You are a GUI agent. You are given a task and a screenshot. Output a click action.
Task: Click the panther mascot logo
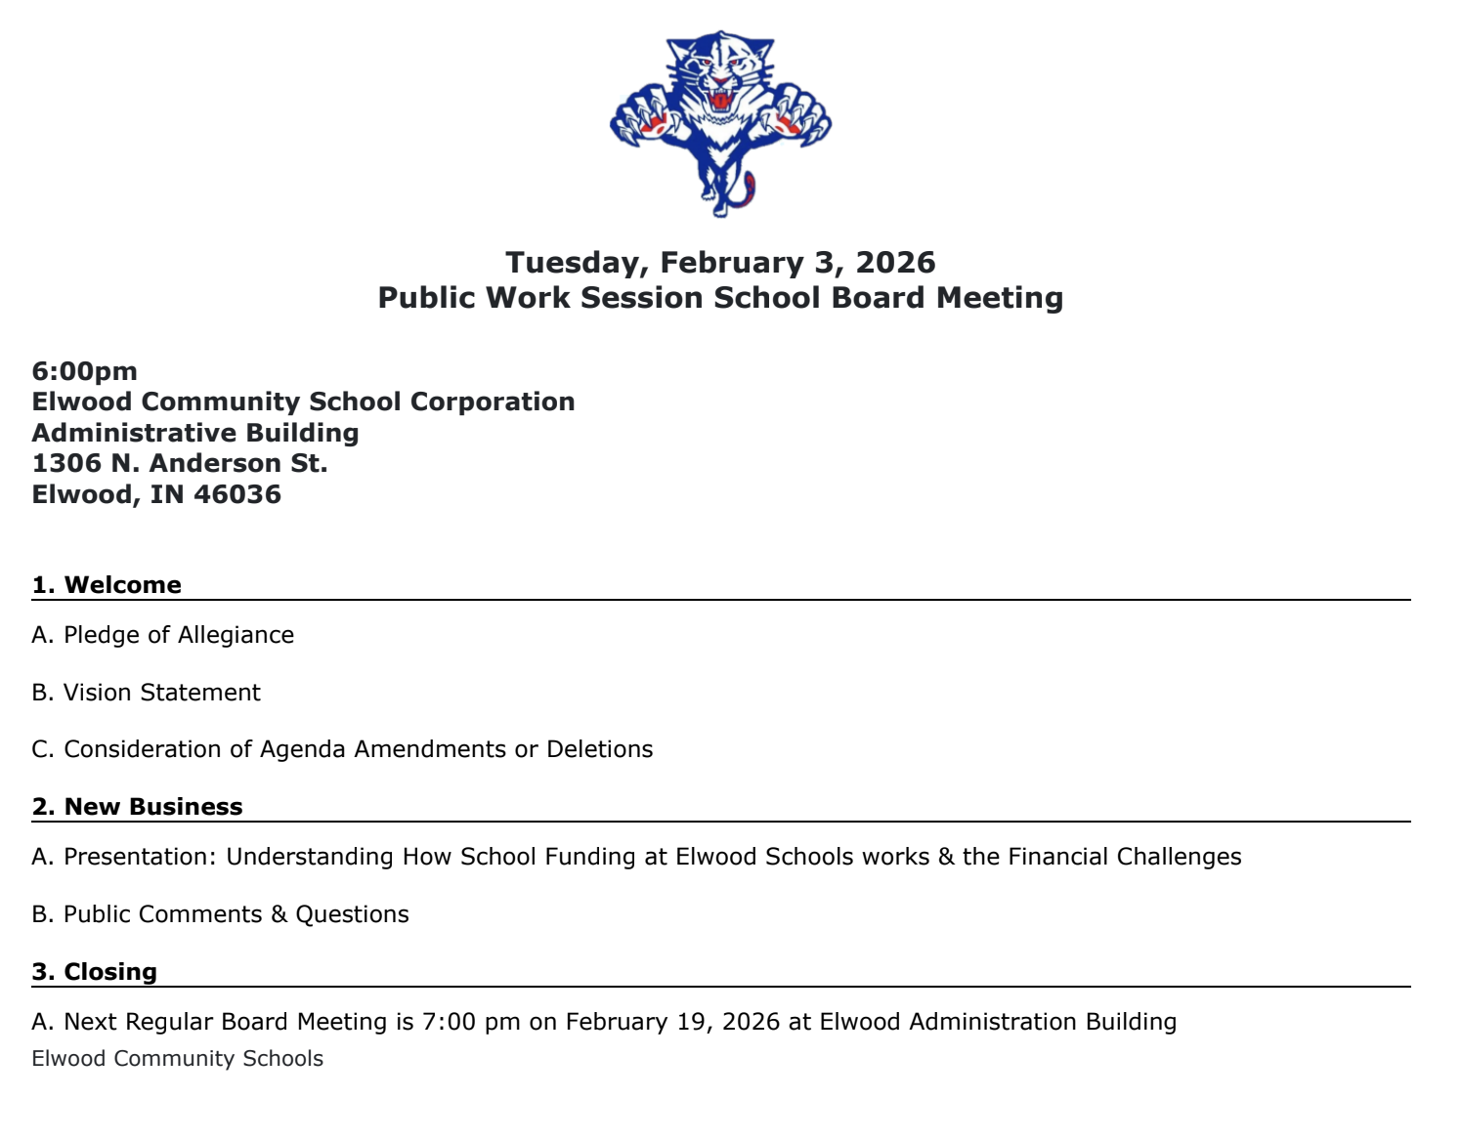click(x=720, y=122)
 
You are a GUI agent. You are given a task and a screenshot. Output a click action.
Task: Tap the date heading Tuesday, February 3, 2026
click(x=720, y=262)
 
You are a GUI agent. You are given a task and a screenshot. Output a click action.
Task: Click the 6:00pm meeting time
click(x=85, y=371)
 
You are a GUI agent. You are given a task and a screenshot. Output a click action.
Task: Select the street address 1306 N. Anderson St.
click(x=180, y=463)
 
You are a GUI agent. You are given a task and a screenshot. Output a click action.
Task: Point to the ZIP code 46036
click(x=237, y=494)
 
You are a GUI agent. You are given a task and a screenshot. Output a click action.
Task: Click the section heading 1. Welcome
click(x=107, y=585)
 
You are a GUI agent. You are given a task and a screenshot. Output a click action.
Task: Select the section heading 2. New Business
click(x=137, y=807)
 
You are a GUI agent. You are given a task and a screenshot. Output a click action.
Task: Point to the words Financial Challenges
click(x=1124, y=857)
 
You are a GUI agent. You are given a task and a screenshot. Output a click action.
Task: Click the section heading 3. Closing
click(x=94, y=972)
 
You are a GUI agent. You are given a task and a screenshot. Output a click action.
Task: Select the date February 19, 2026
click(x=672, y=1022)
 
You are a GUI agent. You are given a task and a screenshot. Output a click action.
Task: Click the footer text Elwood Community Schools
click(x=177, y=1059)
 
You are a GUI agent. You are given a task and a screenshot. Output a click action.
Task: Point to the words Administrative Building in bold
click(x=195, y=433)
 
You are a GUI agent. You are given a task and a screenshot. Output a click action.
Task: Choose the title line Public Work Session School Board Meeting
click(x=720, y=298)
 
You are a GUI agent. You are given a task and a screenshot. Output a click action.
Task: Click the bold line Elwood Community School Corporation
click(x=303, y=401)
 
